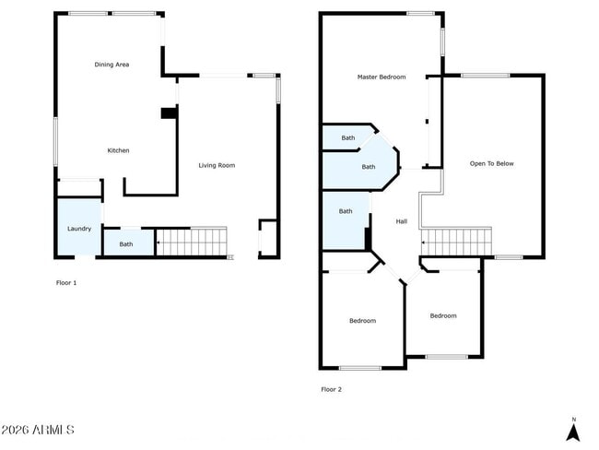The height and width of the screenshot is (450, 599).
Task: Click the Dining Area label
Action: (x=112, y=65)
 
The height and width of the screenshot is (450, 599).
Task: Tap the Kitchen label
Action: (x=118, y=150)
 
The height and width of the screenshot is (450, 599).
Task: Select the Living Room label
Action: (x=217, y=165)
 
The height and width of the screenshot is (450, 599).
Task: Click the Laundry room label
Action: (x=79, y=228)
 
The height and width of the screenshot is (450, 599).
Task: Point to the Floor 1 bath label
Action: (x=125, y=244)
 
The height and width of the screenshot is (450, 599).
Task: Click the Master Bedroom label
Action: (x=381, y=77)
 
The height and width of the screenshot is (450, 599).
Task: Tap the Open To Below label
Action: (x=491, y=163)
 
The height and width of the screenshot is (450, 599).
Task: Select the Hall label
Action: (x=402, y=221)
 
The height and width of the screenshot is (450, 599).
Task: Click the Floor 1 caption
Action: (x=66, y=282)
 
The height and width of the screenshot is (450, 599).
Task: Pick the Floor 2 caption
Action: (x=331, y=389)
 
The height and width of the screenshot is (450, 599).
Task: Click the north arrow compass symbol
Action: (x=573, y=429)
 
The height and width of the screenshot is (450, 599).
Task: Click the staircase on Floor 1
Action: (x=192, y=242)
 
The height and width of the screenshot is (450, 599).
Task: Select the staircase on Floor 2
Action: (x=456, y=242)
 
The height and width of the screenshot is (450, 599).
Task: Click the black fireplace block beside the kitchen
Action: (x=168, y=113)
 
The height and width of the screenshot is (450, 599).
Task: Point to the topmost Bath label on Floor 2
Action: (x=347, y=137)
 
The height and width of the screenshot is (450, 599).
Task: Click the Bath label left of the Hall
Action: (x=346, y=211)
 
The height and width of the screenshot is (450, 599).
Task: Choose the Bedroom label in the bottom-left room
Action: (x=362, y=321)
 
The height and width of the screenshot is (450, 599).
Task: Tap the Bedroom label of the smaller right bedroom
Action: (x=443, y=315)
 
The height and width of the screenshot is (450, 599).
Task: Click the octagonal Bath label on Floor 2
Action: (x=369, y=167)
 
